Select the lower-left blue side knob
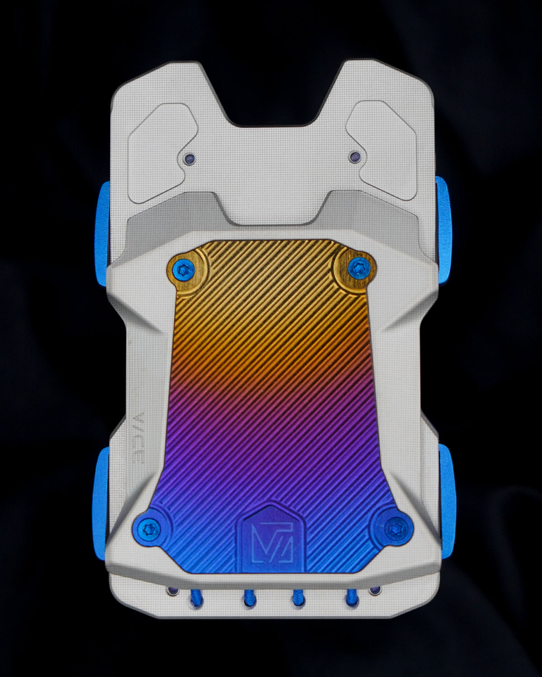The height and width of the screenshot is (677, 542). click(x=100, y=487)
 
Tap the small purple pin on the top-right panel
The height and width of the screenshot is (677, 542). click(x=354, y=157)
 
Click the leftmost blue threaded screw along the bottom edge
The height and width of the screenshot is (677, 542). click(x=197, y=598)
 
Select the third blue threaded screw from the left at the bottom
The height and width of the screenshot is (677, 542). click(x=299, y=599)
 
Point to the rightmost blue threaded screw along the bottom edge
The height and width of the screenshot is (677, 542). click(x=350, y=598)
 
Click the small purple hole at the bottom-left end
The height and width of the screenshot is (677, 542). click(x=172, y=591)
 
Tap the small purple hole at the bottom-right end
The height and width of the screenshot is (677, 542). click(x=374, y=590)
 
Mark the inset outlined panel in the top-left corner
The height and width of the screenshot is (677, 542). click(x=158, y=149)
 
